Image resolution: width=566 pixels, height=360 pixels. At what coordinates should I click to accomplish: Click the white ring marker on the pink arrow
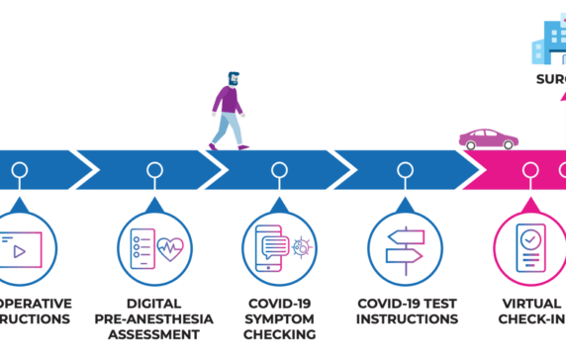point(530,170)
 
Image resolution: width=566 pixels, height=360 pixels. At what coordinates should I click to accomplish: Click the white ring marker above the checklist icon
point(155,170)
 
